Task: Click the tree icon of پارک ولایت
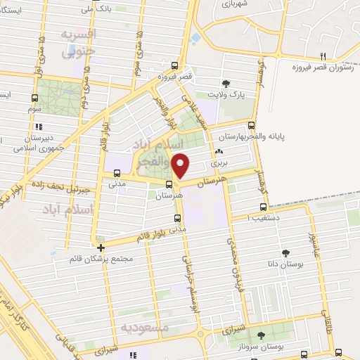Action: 226,82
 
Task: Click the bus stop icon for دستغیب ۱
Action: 263,207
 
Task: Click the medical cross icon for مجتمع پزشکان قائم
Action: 101,247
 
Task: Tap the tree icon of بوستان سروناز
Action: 261,335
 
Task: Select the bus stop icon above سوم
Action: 34,98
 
